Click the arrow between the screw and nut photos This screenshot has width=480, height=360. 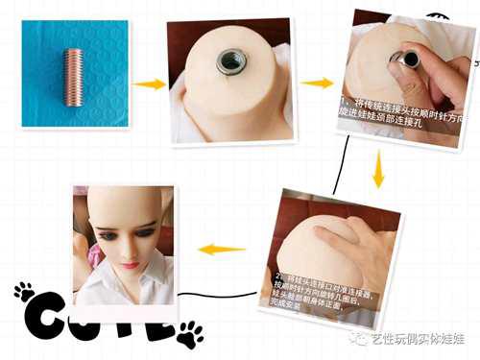click(149, 84)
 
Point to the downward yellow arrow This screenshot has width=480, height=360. click(378, 176)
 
